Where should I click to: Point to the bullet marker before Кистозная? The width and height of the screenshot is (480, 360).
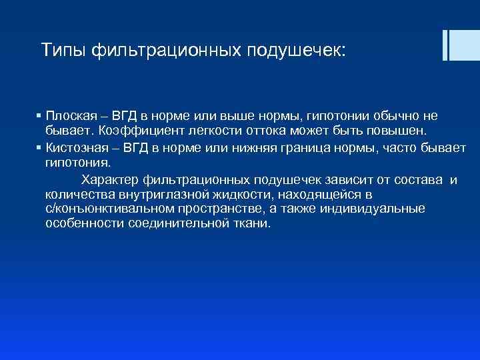[x=40, y=148]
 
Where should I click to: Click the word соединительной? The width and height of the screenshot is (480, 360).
[x=166, y=225]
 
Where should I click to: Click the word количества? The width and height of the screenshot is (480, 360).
[x=77, y=195]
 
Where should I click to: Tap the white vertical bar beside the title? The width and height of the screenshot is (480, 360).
[x=445, y=45]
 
